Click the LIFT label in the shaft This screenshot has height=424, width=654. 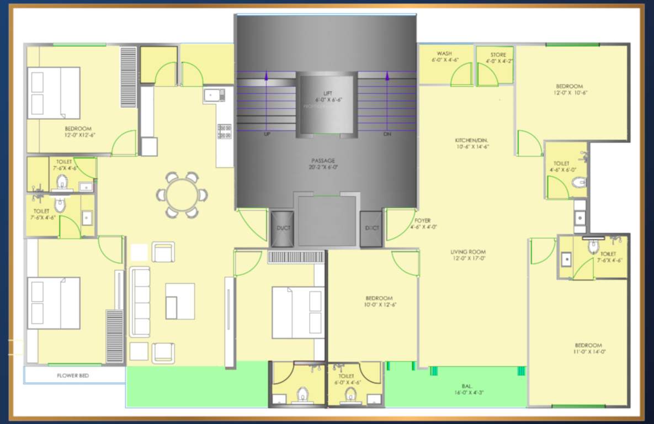tap(328, 93)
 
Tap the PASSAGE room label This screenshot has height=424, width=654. tap(323, 161)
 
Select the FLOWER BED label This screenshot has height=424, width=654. tap(73, 375)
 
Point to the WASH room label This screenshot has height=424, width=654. tap(444, 54)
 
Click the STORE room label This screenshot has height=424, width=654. tap(498, 55)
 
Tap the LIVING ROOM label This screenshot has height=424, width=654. tap(468, 252)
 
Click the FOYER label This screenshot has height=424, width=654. tap(422, 220)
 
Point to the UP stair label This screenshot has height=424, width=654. tap(267, 134)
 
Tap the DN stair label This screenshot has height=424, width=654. tap(387, 134)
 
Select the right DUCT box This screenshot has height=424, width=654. tap(371, 228)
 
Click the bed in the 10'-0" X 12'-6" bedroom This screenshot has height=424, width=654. tap(297, 312)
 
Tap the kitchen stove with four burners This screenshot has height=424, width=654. tap(225, 131)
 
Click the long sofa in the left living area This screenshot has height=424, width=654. tap(140, 301)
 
